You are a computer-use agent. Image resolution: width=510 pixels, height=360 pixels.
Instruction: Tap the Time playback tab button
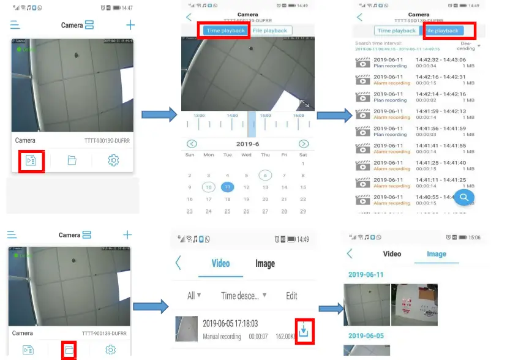225,31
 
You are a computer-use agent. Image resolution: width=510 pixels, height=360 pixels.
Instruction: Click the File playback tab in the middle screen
270,31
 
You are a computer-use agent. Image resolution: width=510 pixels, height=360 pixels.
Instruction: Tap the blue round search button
464,197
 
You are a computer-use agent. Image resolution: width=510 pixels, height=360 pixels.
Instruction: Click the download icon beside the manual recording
305,330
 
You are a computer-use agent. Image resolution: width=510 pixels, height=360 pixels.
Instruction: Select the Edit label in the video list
291,296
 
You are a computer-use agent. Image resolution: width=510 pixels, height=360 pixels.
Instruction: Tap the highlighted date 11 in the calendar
227,187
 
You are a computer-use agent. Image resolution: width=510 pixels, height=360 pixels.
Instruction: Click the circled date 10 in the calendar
209,187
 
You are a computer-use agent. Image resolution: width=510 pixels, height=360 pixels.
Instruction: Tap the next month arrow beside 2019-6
304,144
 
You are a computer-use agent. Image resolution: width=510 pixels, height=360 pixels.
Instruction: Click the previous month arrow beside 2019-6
192,144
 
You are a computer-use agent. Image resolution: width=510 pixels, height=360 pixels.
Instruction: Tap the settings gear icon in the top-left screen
113,160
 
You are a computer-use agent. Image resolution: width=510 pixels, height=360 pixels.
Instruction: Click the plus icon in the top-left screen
130,25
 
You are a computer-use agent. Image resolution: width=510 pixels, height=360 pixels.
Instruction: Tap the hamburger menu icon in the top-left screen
15,25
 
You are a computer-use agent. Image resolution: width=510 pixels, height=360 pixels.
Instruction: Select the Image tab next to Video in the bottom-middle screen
265,263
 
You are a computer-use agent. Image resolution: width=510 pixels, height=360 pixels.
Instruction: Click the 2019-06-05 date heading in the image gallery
366,336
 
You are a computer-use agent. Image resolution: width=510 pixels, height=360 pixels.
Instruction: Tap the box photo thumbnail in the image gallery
414,304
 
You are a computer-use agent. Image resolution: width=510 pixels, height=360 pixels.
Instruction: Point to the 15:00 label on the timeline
265,115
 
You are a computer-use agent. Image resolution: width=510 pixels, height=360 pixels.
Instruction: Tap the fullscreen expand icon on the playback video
304,103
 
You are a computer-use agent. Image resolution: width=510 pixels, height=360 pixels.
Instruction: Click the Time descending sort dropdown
244,296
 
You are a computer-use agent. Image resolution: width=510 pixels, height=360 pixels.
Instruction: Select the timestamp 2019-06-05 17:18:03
230,323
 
